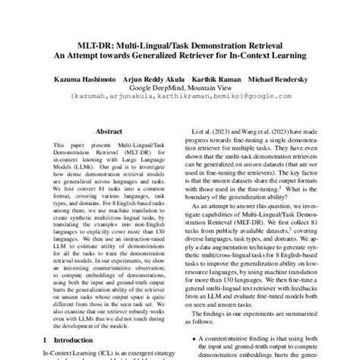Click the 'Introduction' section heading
coord(84,339)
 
